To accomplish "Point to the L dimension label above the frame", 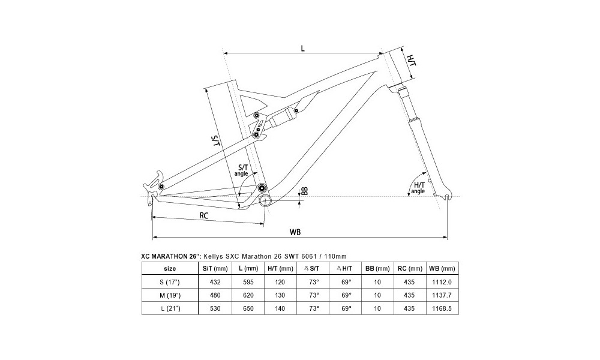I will (x=302, y=49).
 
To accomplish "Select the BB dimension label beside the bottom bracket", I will (x=304, y=191).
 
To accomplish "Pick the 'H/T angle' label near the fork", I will (x=419, y=187).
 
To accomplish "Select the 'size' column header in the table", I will (x=170, y=268).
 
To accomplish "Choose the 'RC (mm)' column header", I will (x=410, y=268).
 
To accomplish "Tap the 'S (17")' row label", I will (x=170, y=281).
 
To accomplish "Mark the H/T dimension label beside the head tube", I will (x=411, y=61).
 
